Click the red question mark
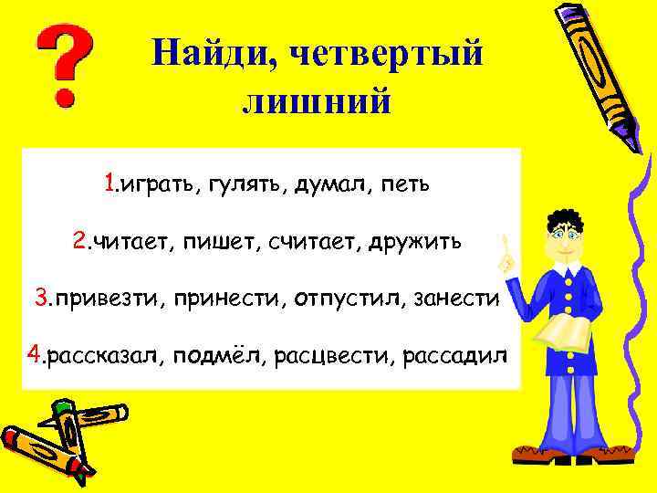62,65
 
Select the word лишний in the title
317,101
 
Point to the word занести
457,299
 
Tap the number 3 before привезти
41,298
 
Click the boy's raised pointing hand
505,255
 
